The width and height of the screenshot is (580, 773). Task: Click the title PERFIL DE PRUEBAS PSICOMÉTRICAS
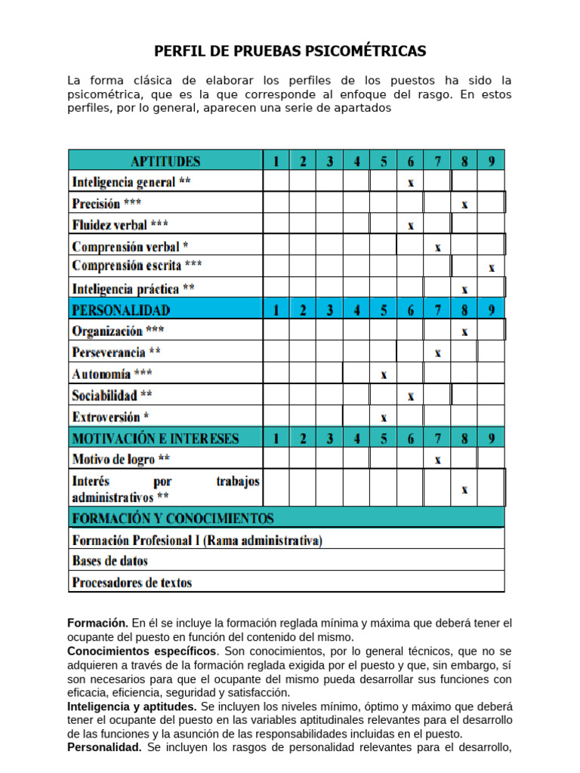coord(290,51)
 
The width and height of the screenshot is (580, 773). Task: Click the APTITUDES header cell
coord(165,161)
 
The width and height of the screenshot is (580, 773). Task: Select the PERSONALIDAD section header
coord(121,310)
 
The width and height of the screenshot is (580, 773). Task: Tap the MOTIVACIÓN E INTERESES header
coord(156,438)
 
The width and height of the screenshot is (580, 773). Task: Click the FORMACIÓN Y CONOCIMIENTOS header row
coord(173,518)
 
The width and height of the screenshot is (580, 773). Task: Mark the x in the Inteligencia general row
coord(410,183)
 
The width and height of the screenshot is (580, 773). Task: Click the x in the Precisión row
coord(464,204)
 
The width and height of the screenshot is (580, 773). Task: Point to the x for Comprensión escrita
coord(492,267)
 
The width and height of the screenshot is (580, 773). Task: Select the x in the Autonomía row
coord(384,374)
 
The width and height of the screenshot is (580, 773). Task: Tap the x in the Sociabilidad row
coord(410,396)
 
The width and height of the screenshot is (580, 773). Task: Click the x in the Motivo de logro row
coord(437,459)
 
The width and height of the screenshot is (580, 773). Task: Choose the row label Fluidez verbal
coord(120,225)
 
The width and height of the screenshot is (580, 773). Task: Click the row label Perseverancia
coord(116,352)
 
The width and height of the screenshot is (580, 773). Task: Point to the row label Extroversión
coord(110,417)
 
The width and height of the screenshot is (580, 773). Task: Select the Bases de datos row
coord(110,561)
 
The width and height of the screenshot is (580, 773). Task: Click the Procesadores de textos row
coord(132,582)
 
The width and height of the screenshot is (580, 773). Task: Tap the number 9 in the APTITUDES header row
coord(492,161)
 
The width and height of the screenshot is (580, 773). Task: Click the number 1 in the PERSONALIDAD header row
coord(276,310)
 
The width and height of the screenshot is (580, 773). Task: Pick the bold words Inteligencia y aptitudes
coord(132,706)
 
